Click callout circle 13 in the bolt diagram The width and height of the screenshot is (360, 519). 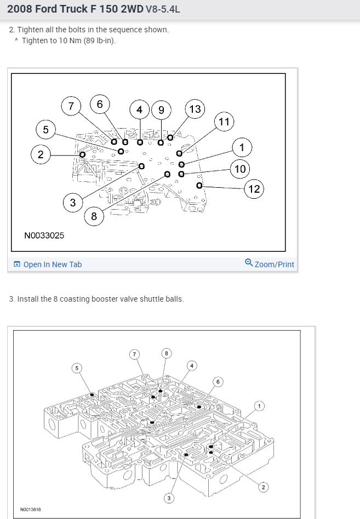[x=195, y=109]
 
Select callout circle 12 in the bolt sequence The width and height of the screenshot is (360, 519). [x=254, y=189]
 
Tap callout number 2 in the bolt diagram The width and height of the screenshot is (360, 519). [x=41, y=154]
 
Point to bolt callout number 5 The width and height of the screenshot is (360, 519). [x=45, y=130]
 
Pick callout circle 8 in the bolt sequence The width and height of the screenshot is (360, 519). [x=94, y=216]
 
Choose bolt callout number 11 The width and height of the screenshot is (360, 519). [x=224, y=122]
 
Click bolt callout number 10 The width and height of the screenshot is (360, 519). [x=240, y=169]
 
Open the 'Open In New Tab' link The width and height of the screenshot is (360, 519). [x=52, y=264]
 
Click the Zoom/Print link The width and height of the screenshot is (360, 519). [x=275, y=264]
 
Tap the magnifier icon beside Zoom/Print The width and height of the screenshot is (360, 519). [x=249, y=263]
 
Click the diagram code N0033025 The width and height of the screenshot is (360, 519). [x=44, y=235]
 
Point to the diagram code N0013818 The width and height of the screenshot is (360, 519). [x=31, y=510]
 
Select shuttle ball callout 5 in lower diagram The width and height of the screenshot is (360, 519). [x=77, y=368]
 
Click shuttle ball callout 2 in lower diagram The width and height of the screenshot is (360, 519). [x=262, y=487]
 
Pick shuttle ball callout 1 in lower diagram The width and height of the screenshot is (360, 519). [x=260, y=406]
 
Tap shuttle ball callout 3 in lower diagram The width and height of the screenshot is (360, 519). [x=169, y=497]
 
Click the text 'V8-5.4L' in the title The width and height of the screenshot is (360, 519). [x=163, y=9]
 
